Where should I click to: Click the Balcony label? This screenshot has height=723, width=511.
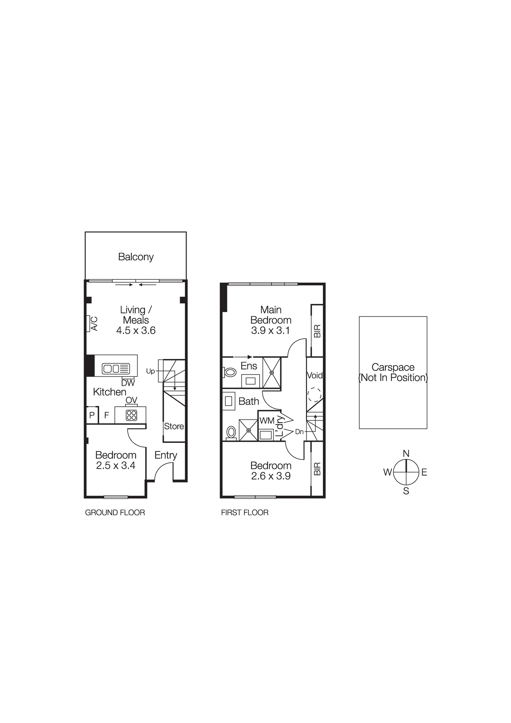click(x=136, y=257)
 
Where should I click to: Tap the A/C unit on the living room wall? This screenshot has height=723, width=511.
click(x=88, y=323)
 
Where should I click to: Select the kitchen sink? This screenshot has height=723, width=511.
click(x=116, y=368)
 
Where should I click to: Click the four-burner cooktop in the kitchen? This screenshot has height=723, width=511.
click(x=131, y=415)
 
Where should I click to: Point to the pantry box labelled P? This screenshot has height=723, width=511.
click(x=92, y=415)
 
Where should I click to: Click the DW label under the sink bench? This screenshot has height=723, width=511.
click(x=128, y=383)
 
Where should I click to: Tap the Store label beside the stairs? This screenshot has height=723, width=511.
click(x=174, y=426)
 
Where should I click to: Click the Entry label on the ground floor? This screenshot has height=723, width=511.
click(x=166, y=455)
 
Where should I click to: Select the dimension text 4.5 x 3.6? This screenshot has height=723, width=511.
click(x=136, y=330)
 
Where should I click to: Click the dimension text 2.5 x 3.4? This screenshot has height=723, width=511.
click(x=116, y=466)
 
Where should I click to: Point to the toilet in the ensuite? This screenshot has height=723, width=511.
click(x=229, y=372)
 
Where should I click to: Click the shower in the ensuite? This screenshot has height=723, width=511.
click(x=272, y=372)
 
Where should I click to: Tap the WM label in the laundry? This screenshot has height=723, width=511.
click(x=267, y=420)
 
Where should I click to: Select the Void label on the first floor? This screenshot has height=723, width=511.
click(x=315, y=375)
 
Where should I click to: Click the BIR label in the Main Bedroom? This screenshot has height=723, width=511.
click(x=317, y=331)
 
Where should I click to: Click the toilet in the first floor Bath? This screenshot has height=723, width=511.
click(x=231, y=432)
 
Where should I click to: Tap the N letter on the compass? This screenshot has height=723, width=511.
click(x=406, y=454)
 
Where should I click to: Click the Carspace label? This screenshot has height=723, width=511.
click(x=393, y=367)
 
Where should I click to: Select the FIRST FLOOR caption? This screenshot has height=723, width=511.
click(x=244, y=513)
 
